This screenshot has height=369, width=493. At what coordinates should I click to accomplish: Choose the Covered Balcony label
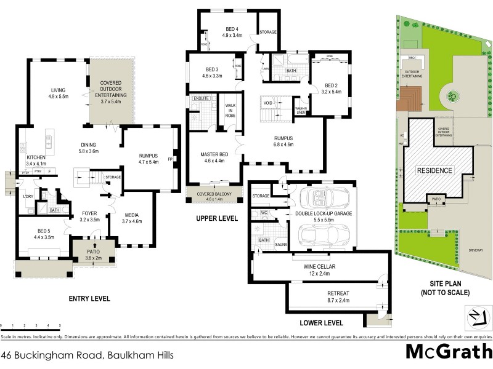point(214,196)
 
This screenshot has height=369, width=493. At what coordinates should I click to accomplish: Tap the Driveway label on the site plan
point(475,251)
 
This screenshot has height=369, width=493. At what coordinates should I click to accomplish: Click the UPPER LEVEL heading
point(217,218)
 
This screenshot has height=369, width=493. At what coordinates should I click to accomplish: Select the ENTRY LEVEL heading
point(89,299)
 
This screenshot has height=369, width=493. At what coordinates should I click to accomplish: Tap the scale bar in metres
point(31,326)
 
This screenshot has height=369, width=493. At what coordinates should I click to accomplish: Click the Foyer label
point(90,215)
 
